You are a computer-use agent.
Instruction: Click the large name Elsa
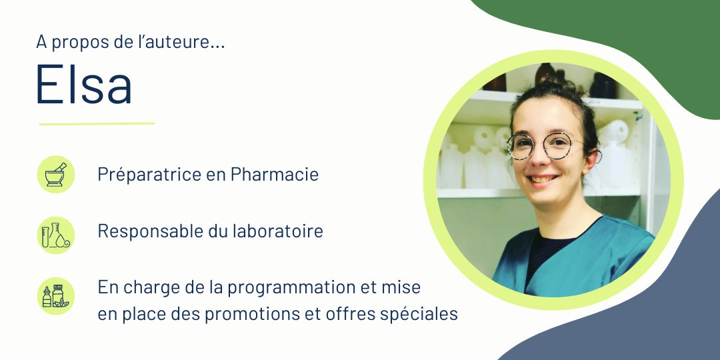coord(84,83)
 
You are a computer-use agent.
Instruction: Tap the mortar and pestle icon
coord(55,175)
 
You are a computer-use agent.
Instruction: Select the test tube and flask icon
coord(55,235)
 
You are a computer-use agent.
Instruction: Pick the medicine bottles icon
coord(55,296)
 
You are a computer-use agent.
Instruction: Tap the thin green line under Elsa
coord(97,124)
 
